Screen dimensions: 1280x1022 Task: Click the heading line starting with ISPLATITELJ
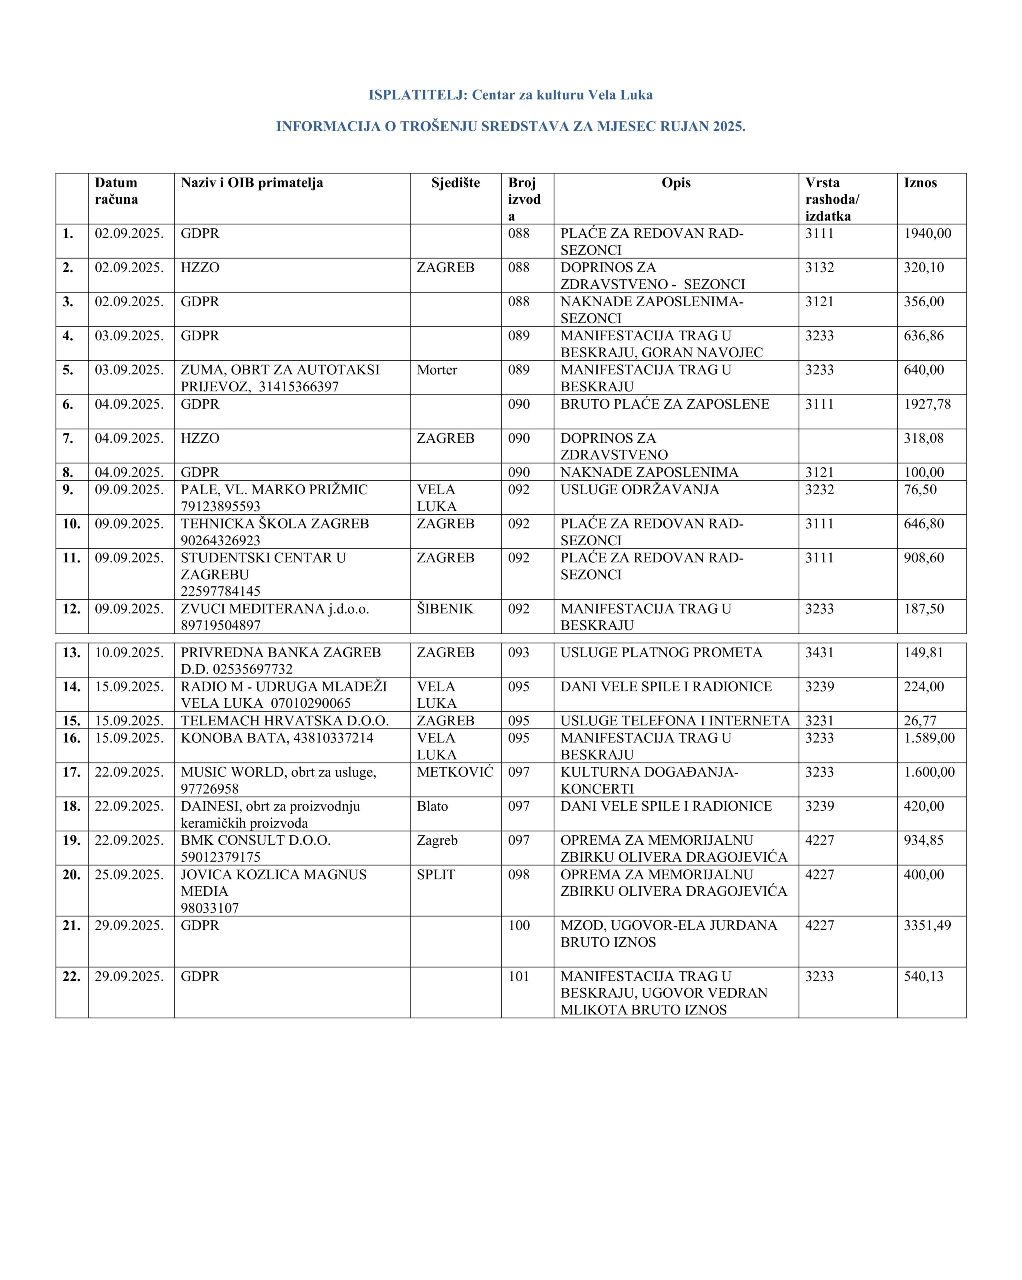coord(510,95)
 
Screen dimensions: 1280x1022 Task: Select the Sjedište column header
coord(455,183)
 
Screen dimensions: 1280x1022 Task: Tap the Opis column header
coord(676,183)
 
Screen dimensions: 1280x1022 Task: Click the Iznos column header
coord(920,183)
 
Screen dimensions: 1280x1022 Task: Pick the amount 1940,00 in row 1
coord(927,234)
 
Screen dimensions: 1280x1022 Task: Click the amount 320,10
coord(924,268)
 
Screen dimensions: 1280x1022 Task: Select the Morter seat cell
coord(437,370)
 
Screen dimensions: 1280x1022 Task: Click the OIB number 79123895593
coord(221,506)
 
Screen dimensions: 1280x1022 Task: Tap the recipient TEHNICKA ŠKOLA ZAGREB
coord(275,524)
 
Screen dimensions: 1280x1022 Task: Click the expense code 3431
coord(820,653)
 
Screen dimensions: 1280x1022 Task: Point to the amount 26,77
coord(920,720)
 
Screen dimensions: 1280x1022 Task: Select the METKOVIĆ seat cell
coord(455,772)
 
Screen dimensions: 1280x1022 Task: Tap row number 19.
coord(71,840)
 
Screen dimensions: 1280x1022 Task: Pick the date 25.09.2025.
coord(129,874)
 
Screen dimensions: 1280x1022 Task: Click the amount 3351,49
coord(927,925)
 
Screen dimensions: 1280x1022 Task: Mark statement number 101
coord(519,976)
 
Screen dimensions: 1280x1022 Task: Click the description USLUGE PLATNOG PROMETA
coord(661,653)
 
